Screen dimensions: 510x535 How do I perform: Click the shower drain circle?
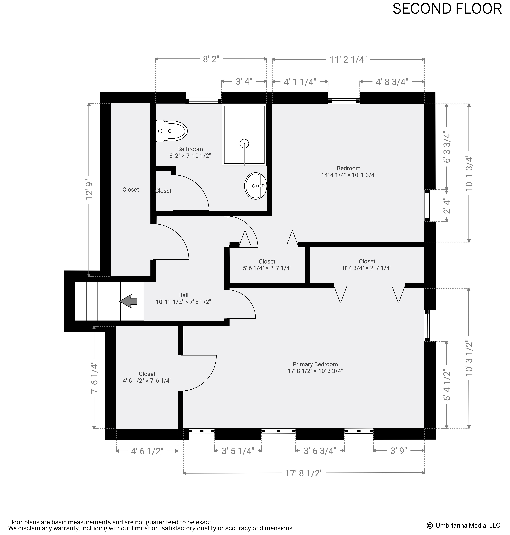244,143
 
